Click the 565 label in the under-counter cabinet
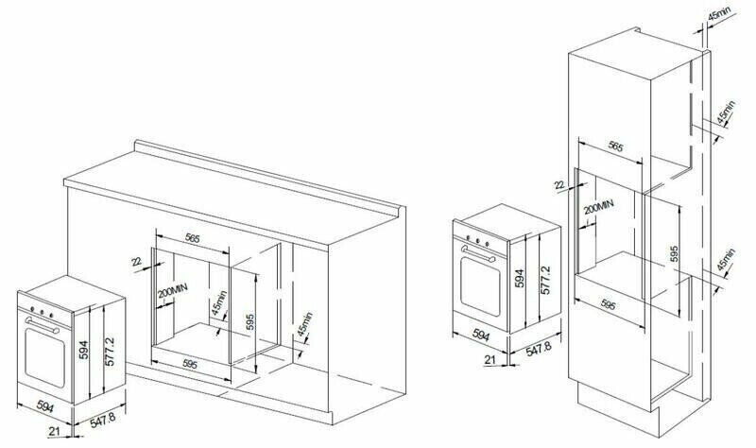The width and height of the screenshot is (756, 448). tap(193, 238)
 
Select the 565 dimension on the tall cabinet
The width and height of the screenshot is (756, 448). tap(615, 146)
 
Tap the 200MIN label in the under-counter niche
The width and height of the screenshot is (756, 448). tap(173, 291)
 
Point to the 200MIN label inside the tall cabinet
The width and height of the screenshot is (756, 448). tap(598, 207)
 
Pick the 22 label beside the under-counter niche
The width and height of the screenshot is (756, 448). tap(136, 262)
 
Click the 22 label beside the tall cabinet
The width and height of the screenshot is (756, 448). tap(559, 184)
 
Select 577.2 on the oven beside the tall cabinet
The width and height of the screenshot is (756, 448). tap(545, 280)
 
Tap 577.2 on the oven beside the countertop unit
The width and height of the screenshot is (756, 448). tap(110, 351)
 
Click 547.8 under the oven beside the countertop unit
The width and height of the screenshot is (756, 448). tap(102, 421)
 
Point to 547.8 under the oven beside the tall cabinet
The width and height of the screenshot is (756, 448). tap(538, 349)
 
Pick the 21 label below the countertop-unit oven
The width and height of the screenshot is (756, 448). tap(55, 431)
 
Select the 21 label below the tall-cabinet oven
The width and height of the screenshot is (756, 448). tap(490, 359)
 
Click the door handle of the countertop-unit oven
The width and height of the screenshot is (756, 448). tap(43, 325)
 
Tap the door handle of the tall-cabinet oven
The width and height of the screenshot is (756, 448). tap(478, 253)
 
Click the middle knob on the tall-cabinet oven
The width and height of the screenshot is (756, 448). tap(478, 241)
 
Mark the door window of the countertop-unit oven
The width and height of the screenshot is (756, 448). tap(44, 357)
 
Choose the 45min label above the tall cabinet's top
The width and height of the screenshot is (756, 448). tap(718, 15)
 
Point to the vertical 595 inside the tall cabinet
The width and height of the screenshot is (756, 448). tap(674, 254)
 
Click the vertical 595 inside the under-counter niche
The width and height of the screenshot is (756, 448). tap(249, 321)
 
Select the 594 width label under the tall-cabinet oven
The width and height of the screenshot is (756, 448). tap(480, 335)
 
